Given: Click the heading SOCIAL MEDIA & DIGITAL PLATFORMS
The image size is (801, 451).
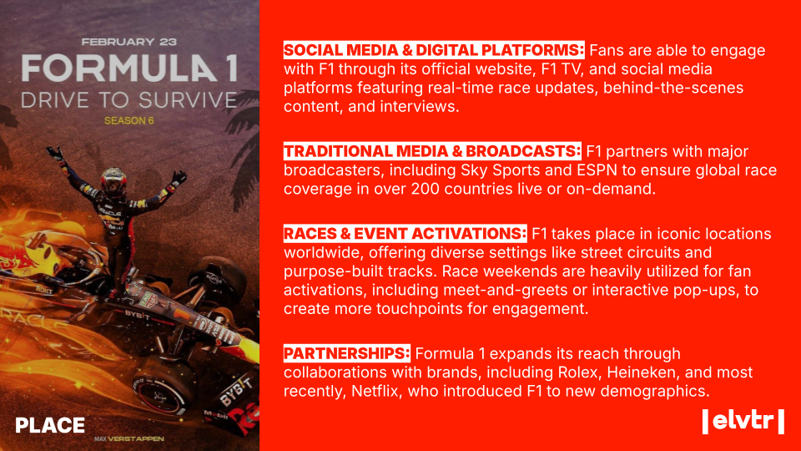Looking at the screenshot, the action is [x=434, y=50].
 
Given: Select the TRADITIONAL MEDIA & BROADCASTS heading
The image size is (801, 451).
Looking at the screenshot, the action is [x=432, y=151].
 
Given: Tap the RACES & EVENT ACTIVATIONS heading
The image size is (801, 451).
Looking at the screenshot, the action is [x=406, y=234].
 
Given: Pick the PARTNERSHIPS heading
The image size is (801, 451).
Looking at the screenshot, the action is [x=347, y=353].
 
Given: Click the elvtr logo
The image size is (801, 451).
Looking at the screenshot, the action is [x=743, y=421].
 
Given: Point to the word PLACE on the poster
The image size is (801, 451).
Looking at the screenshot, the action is [x=50, y=425].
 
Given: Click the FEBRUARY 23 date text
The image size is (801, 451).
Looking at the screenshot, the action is [x=129, y=42].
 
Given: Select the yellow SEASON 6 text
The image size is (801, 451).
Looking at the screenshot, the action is [x=129, y=120].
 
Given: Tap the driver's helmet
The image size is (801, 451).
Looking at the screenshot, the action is [x=113, y=180].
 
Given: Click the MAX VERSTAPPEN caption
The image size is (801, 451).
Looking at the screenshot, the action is [x=129, y=438].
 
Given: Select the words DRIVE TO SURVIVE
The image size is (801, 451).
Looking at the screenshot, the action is [x=129, y=100].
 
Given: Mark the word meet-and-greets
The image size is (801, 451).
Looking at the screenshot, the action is [x=506, y=291].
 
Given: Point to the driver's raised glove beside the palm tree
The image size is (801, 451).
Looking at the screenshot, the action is [x=179, y=179].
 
